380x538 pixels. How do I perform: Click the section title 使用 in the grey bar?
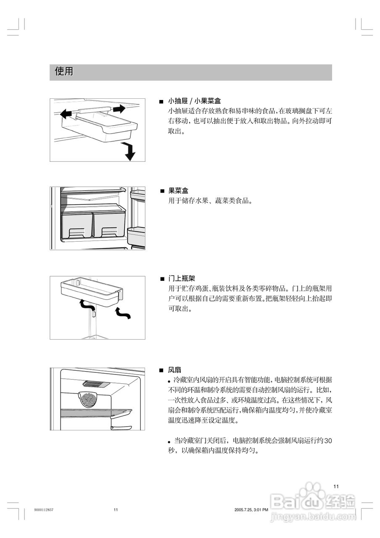64,72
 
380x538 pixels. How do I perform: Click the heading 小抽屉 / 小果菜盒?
194,101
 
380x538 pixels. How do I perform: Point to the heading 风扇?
174,370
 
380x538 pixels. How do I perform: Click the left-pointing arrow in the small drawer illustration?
66,113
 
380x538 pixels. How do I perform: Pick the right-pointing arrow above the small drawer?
119,109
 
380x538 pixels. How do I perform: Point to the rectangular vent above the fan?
97,384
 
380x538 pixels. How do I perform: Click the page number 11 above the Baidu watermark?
336,486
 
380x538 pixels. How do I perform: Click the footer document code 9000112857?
44,510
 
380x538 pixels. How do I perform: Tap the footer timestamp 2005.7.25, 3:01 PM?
251,510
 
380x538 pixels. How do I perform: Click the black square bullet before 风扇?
161,370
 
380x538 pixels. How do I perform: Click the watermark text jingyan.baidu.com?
313,516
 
